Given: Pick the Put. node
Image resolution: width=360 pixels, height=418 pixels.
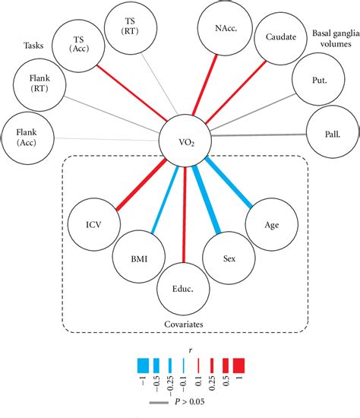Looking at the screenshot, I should coord(314,79).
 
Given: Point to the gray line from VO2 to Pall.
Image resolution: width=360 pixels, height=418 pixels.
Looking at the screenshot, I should coord(254,137).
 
